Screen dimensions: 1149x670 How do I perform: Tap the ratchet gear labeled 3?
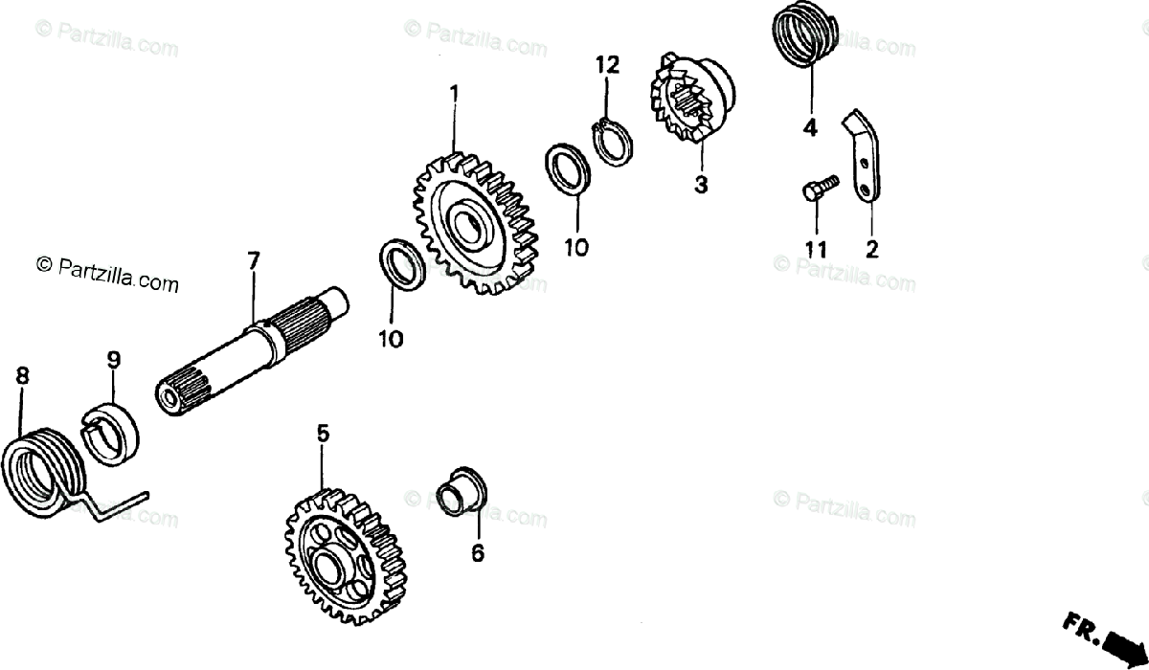point(692,100)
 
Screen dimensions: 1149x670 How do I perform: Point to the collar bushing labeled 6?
point(462,492)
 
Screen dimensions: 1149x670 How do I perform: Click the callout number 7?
point(253,259)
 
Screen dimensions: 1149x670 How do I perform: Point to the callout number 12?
point(607,65)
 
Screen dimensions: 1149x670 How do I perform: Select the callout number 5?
point(323,435)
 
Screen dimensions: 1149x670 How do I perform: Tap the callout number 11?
point(815,250)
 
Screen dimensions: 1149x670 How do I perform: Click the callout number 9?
point(113,361)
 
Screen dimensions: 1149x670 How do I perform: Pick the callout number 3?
point(701,185)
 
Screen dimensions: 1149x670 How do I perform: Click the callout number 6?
point(478,552)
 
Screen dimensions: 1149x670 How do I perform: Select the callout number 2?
point(871,250)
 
